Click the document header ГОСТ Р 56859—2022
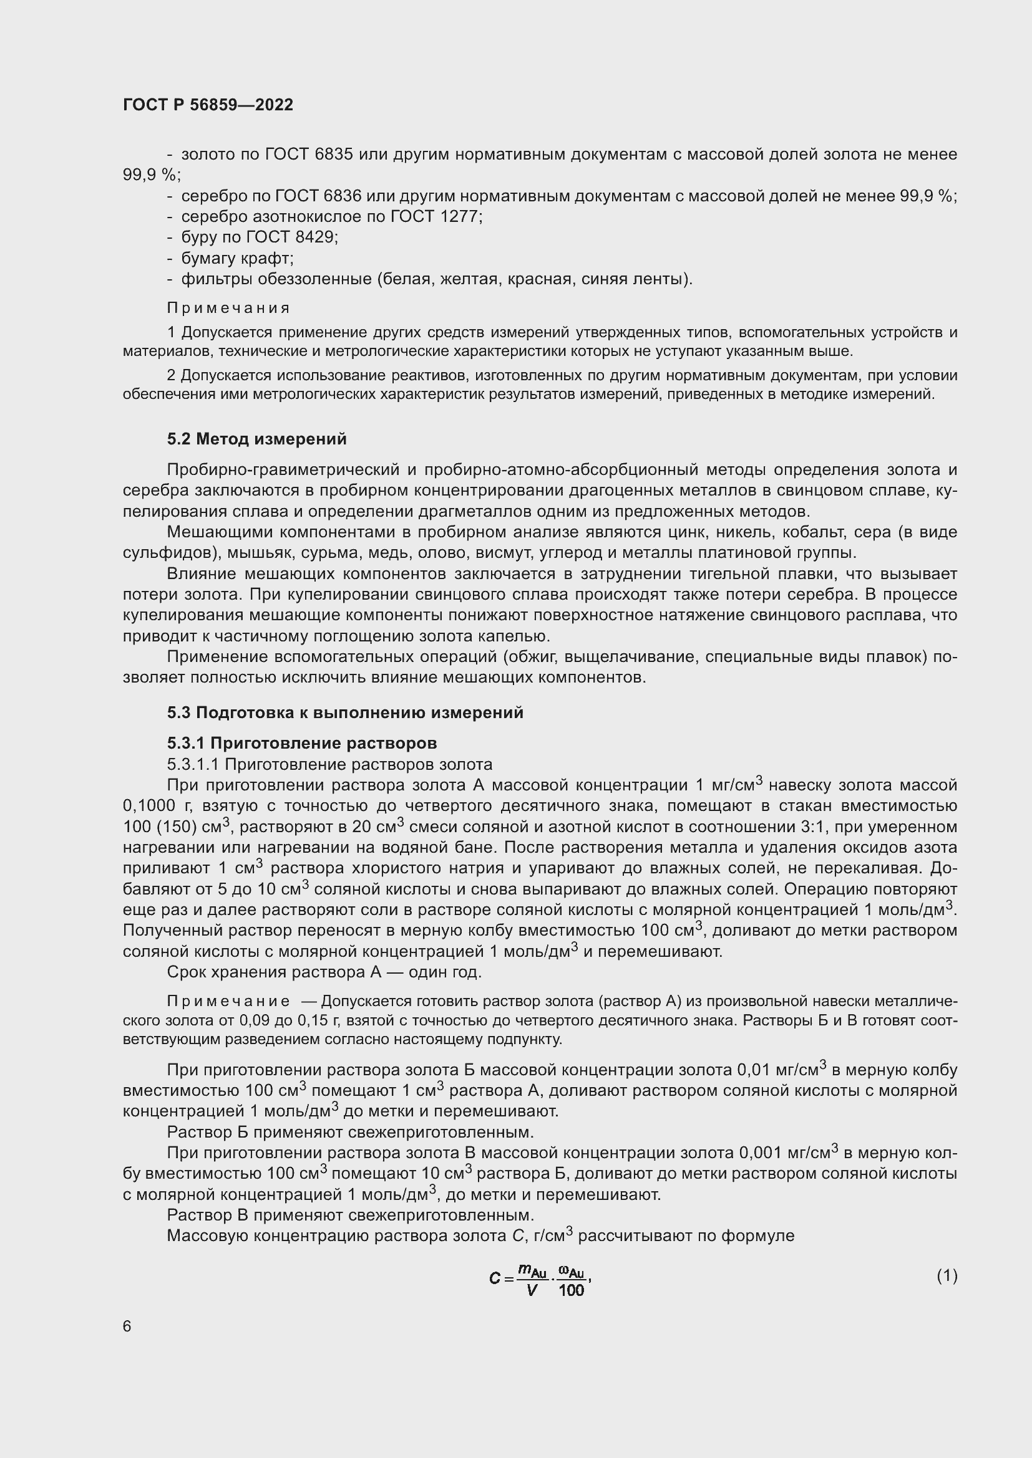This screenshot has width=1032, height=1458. click(x=208, y=105)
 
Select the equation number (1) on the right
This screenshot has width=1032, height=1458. click(x=947, y=1275)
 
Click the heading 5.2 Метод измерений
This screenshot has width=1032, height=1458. click(x=256, y=439)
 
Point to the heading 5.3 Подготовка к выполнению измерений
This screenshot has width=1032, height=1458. click(x=345, y=712)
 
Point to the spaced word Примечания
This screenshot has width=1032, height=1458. click(x=228, y=308)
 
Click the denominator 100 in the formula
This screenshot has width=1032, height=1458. click(x=571, y=1290)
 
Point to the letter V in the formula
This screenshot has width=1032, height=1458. click(x=532, y=1290)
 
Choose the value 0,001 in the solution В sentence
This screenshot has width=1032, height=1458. click(x=759, y=1153)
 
